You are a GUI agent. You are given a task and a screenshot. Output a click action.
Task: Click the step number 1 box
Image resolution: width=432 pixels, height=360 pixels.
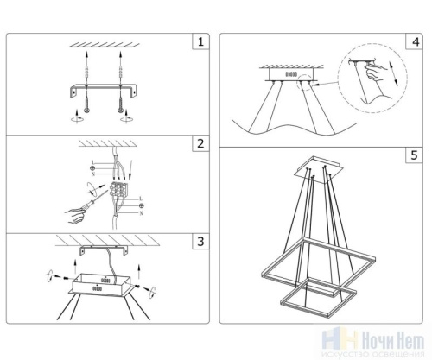coord(201,41)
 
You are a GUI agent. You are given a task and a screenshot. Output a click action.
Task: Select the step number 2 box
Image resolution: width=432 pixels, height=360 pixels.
coord(201,143)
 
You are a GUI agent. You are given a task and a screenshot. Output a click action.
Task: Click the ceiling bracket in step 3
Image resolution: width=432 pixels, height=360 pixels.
coord(105,249)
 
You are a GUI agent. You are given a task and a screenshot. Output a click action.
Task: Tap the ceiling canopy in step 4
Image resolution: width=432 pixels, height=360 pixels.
coord(289,76)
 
